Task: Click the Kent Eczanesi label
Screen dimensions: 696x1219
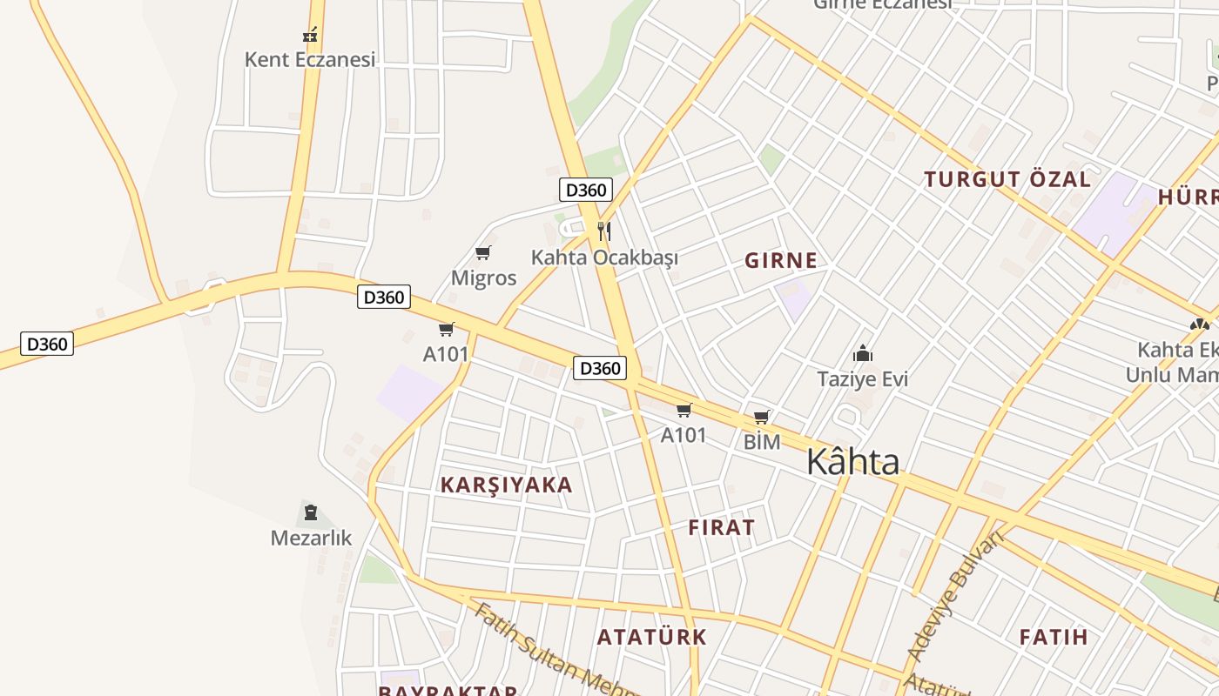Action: [x=310, y=59]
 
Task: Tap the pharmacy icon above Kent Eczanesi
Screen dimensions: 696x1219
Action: [x=310, y=36]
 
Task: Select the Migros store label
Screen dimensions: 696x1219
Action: [x=483, y=278]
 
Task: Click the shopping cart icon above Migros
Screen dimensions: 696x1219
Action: [x=483, y=253]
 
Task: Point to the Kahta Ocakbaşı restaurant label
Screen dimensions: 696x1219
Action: [x=604, y=258]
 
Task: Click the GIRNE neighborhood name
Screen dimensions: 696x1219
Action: [x=781, y=260]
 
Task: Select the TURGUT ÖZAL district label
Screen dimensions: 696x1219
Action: [x=1007, y=180]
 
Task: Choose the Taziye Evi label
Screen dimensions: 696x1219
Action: [x=862, y=379]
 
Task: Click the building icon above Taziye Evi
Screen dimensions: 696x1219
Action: [x=863, y=353]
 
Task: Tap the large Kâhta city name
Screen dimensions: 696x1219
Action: [x=852, y=462]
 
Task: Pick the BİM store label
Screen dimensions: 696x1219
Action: [x=762, y=442]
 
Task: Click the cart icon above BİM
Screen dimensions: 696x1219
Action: [x=762, y=418]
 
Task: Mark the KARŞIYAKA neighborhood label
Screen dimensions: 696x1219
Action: [x=507, y=485]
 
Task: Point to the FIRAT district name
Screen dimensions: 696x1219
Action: [x=722, y=528]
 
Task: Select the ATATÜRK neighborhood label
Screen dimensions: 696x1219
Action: [x=652, y=637]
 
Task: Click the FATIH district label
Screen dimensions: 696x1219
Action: [x=1054, y=637]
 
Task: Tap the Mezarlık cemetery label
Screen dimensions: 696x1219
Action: [x=311, y=538]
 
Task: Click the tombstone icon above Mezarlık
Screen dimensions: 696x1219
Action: [x=311, y=512]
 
